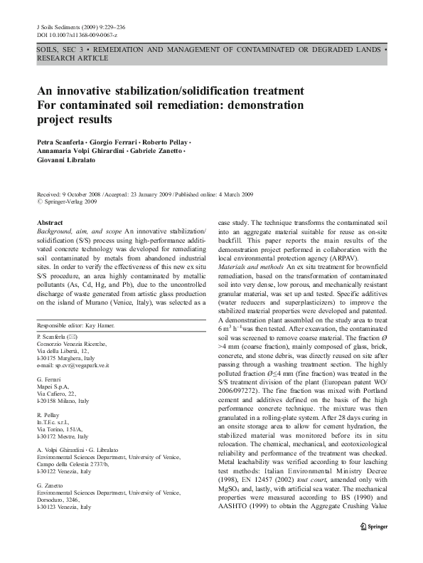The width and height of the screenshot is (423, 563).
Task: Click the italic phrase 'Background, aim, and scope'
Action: point(79,232)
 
